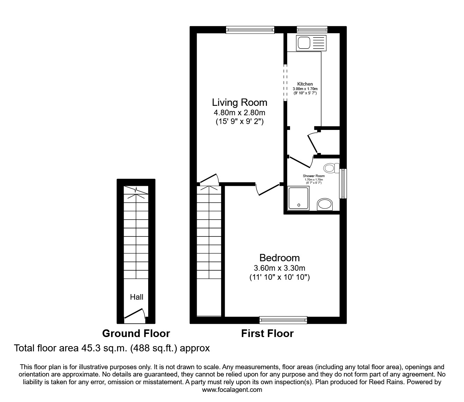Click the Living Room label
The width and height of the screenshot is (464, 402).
coord(239,102)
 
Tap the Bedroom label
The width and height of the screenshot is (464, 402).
coord(280,258)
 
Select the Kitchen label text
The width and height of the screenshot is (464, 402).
coord(305,84)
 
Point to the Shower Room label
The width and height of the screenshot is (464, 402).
coord(313,176)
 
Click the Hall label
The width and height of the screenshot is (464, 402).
coord(137,297)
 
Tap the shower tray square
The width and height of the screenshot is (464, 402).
coord(298,198)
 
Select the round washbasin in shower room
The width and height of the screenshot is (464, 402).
coord(325,204)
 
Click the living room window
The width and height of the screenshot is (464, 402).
coord(250,30)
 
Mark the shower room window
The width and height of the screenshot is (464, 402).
coord(343,184)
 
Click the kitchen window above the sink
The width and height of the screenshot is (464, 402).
coord(312,30)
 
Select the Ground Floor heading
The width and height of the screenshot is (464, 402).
coord(136,334)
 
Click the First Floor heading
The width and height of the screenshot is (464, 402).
coord(267,334)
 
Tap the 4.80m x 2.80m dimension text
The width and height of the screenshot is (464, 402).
coord(239,112)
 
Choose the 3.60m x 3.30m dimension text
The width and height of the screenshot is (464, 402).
coord(280,268)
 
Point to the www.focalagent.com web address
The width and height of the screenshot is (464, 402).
coord(232,389)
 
